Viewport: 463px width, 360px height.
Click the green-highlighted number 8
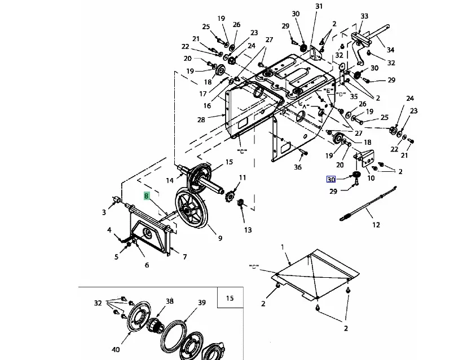[x=147, y=195]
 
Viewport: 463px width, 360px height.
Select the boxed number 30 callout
[x=331, y=179]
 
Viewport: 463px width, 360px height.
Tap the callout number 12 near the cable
[x=376, y=225]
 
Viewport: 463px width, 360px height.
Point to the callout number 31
[x=319, y=6]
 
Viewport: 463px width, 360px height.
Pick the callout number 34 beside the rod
[x=390, y=50]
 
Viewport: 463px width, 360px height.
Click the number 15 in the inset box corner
[x=230, y=298]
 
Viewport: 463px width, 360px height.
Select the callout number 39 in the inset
[x=202, y=303]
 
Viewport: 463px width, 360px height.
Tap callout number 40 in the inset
[x=116, y=350]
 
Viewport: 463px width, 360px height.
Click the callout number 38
[x=170, y=301]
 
